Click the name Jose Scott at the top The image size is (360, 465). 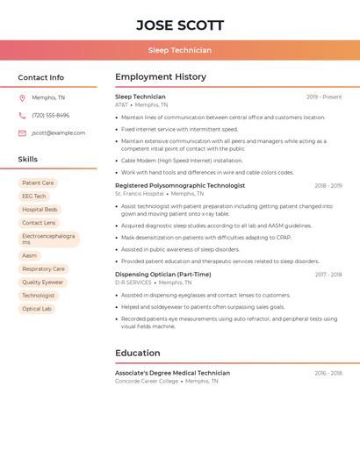(180, 25)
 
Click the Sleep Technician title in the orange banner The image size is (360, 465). (180, 50)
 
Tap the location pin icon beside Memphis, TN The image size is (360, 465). (22, 97)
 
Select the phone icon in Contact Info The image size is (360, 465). (22, 115)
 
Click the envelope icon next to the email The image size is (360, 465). (22, 132)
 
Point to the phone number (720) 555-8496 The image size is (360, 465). (50, 115)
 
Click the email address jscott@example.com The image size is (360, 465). (58, 132)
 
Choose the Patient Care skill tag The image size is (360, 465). (38, 182)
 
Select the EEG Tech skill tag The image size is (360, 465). (34, 196)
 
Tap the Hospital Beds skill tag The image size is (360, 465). (40, 210)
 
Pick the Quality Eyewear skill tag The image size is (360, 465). (42, 283)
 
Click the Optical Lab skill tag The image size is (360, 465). (37, 309)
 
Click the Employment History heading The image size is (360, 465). (161, 77)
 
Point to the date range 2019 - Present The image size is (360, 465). (324, 97)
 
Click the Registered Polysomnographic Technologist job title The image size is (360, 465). (180, 186)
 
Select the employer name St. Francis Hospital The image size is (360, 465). (139, 194)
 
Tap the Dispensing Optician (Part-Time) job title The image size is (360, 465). (162, 275)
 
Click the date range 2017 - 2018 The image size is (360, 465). (328, 275)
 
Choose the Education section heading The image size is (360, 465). (138, 353)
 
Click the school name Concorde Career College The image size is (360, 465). (147, 381)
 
